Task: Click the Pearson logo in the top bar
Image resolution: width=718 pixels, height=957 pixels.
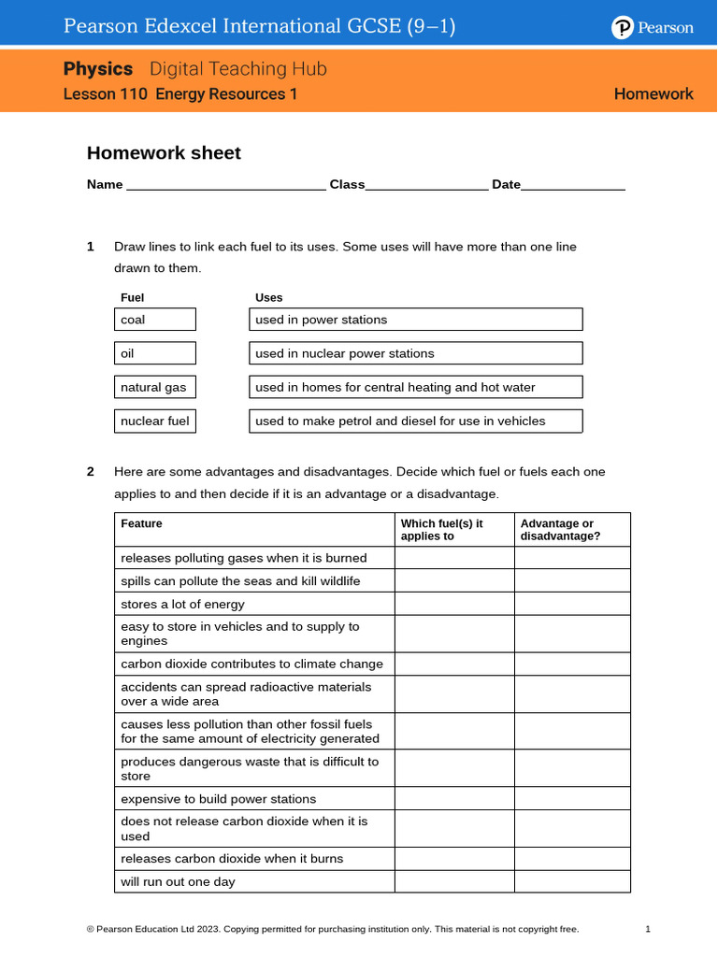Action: pyautogui.click(x=653, y=28)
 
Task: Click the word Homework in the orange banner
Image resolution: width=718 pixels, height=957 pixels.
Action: pyautogui.click(x=653, y=93)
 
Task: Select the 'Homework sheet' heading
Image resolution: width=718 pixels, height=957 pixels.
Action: pyautogui.click(x=164, y=153)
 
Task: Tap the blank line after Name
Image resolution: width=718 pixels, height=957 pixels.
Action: pyautogui.click(x=225, y=186)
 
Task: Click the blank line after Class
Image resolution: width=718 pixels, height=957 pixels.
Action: pyautogui.click(x=426, y=186)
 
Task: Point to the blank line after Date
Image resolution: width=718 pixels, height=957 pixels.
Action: pyautogui.click(x=572, y=186)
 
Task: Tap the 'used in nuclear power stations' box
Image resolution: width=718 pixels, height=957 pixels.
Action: pyautogui.click(x=415, y=353)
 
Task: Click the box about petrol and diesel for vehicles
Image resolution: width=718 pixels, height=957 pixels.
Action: pyautogui.click(x=415, y=421)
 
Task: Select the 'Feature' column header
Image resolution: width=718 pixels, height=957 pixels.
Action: pyautogui.click(x=141, y=524)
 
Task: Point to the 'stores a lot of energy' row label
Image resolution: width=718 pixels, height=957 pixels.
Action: pyautogui.click(x=182, y=605)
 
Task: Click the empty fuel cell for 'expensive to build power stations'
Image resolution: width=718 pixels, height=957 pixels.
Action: pyautogui.click(x=453, y=799)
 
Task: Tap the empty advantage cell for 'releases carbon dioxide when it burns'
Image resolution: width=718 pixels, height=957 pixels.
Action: pyautogui.click(x=572, y=859)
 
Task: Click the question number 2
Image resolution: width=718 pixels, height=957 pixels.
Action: pyautogui.click(x=91, y=472)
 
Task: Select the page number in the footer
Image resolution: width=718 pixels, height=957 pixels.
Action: pyautogui.click(x=647, y=929)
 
